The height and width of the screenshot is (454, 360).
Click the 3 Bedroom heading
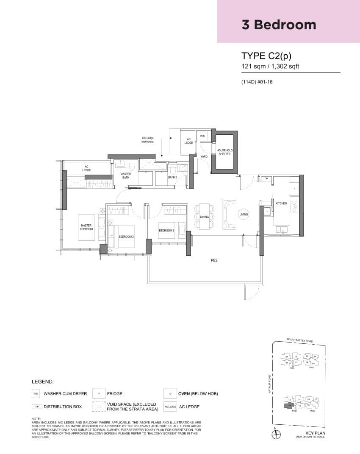(279, 25)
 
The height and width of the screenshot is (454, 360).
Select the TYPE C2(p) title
(266, 56)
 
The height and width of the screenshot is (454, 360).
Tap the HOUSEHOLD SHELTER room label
(224, 152)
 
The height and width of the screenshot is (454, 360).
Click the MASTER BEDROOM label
(86, 228)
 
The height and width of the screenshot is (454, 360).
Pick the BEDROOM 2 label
(126, 237)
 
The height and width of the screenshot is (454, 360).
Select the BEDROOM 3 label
(166, 231)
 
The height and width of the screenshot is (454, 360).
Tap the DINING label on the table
(205, 217)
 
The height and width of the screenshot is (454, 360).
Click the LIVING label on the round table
(244, 214)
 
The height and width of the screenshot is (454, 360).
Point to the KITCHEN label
(281, 203)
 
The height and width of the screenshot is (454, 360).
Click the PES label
(214, 260)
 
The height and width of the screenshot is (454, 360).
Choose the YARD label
(204, 156)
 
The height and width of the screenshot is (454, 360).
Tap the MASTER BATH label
(125, 175)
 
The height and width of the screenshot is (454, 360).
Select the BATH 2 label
(172, 177)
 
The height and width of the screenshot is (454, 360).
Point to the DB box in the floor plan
(266, 179)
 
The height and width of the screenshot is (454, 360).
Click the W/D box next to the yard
(202, 136)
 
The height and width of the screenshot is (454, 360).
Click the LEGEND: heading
(43, 382)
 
